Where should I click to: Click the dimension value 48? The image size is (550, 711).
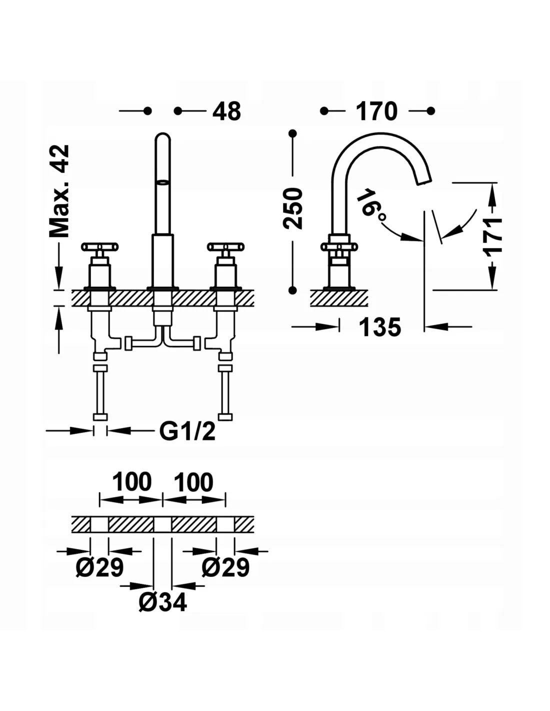[226, 111]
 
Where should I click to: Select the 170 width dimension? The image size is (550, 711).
[376, 111]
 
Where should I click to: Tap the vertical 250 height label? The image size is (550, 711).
[293, 208]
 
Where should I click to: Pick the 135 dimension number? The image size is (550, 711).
[380, 327]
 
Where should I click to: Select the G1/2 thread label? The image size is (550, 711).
[187, 431]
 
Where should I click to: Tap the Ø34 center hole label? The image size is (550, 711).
[162, 602]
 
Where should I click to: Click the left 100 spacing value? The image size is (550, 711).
[131, 482]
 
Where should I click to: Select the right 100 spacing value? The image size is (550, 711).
[193, 482]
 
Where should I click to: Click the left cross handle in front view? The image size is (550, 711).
[100, 246]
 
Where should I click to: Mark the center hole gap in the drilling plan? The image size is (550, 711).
[162, 524]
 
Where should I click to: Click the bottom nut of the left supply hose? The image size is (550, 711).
[100, 417]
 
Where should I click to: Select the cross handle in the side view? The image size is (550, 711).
[339, 246]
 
